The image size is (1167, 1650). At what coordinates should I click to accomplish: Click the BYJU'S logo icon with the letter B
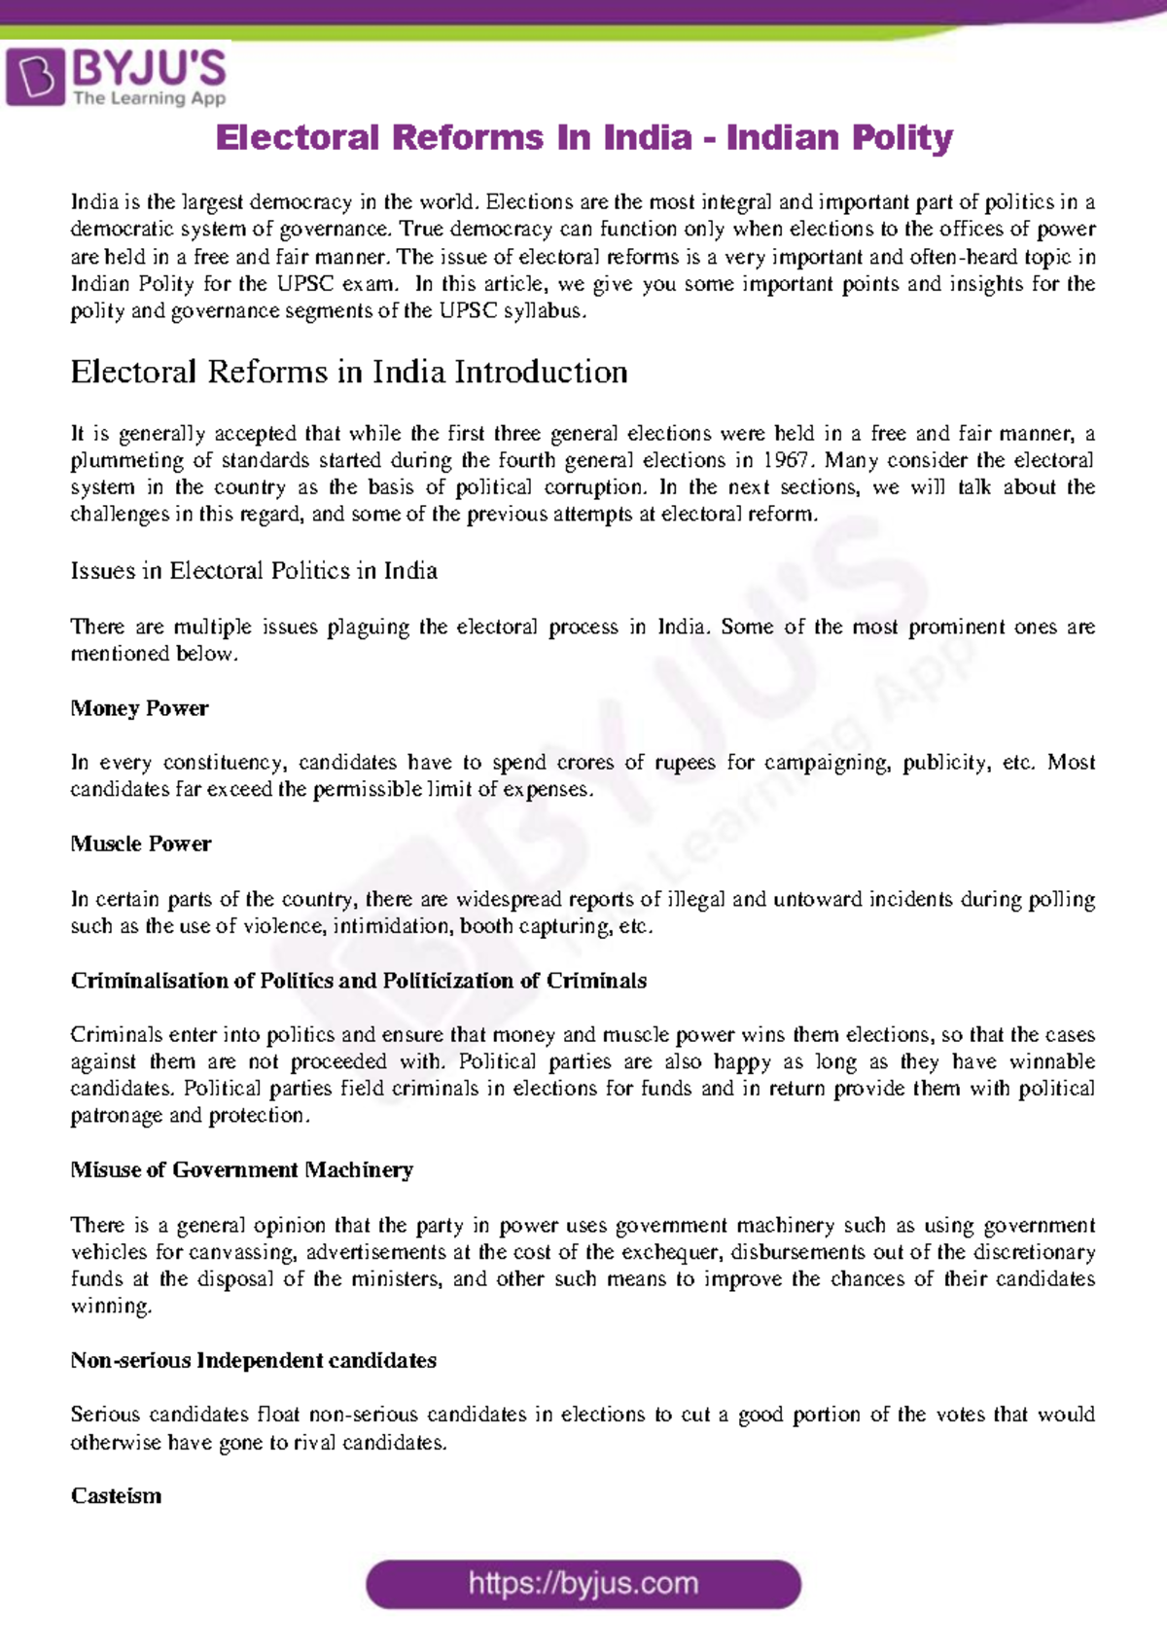pyautogui.click(x=36, y=77)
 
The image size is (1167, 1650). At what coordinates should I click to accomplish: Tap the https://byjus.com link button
pyautogui.click(x=583, y=1584)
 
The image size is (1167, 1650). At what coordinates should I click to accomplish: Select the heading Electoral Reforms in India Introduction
pyautogui.click(x=349, y=372)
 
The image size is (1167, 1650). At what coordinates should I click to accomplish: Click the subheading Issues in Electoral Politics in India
pyautogui.click(x=254, y=570)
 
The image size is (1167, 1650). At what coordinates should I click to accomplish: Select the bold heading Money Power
pyautogui.click(x=139, y=708)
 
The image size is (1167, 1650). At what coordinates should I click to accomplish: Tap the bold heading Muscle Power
pyautogui.click(x=141, y=843)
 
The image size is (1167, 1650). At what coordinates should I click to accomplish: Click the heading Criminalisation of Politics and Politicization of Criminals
pyautogui.click(x=359, y=980)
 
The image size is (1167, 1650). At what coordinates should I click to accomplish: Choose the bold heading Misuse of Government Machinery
pyautogui.click(x=242, y=1169)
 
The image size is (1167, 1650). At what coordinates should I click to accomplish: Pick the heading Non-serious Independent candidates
pyautogui.click(x=254, y=1360)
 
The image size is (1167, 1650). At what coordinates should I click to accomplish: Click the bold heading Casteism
pyautogui.click(x=117, y=1495)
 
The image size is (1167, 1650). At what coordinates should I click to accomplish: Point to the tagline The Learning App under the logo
pyautogui.click(x=150, y=98)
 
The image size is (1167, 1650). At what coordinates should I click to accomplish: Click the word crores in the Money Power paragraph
pyautogui.click(x=585, y=763)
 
